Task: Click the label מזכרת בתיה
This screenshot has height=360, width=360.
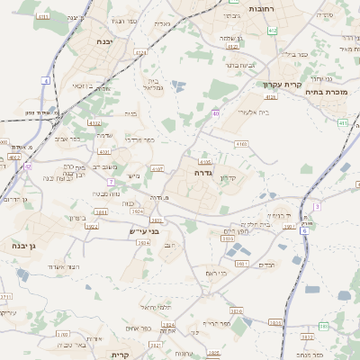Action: point(326,92)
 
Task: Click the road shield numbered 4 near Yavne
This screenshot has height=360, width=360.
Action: point(45,80)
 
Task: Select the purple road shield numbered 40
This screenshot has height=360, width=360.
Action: point(216,113)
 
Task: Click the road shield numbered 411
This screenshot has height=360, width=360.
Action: point(343,122)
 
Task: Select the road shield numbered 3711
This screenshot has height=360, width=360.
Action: point(5,296)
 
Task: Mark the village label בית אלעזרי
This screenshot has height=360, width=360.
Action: point(252,112)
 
